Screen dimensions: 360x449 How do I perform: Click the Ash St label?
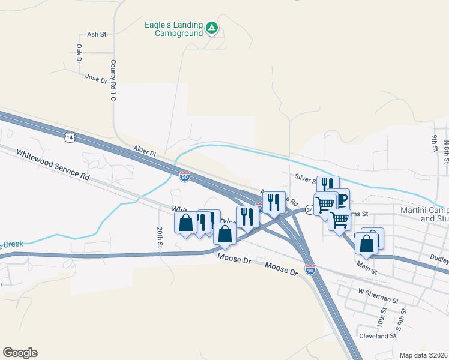click(x=96, y=34)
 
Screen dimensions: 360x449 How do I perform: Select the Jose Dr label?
click(x=95, y=78)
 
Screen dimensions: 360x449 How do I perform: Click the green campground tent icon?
click(x=211, y=28)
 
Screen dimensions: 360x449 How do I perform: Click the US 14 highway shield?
click(x=70, y=137)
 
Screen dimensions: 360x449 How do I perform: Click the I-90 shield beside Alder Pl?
click(x=185, y=176)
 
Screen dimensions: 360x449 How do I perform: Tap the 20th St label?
click(x=160, y=237)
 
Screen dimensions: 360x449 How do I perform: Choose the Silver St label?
click(x=306, y=179)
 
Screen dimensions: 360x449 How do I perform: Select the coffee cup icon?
click(x=340, y=199)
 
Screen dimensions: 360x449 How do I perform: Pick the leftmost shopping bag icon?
click(x=186, y=223)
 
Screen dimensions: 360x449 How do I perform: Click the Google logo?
click(x=20, y=353)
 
